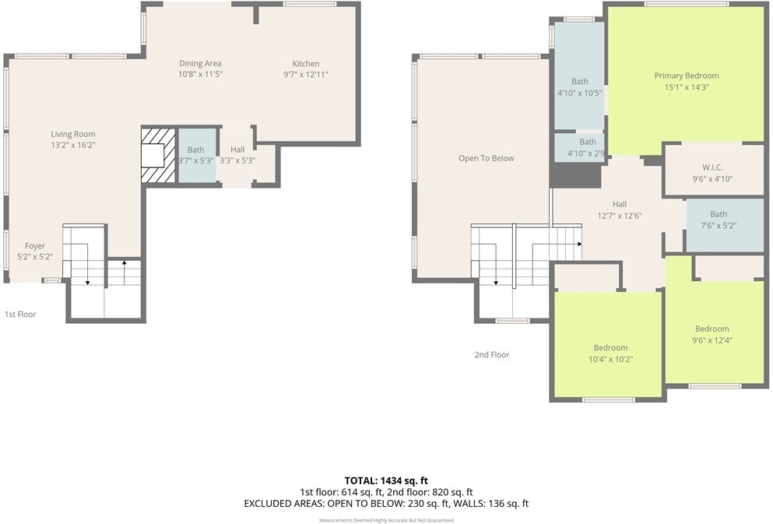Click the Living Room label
73,134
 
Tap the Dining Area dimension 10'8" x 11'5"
199,75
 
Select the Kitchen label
306,64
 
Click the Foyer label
35,246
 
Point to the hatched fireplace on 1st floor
158,155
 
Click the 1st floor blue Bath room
196,155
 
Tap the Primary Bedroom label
687,76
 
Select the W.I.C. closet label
712,167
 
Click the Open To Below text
486,158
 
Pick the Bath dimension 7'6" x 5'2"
719,226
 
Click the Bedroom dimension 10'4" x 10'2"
610,360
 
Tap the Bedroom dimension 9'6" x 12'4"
712,340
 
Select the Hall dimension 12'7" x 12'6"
619,216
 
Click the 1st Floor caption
20,314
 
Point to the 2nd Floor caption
491,354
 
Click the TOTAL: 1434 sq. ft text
386,480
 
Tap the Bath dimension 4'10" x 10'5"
580,93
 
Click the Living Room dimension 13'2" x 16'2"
73,146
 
